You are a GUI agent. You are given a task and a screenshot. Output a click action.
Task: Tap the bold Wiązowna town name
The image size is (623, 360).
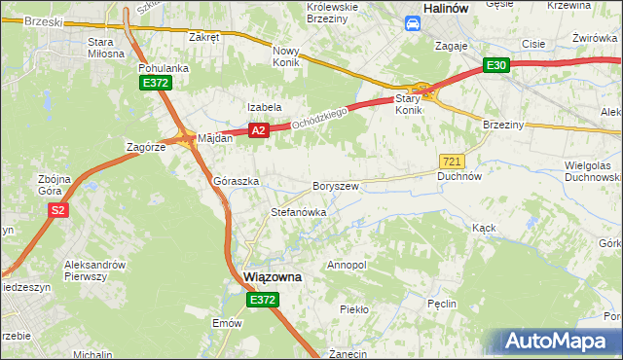pyautogui.click(x=272, y=276)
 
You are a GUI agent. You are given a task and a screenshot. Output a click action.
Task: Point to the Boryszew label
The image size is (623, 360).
pyautogui.click(x=336, y=185)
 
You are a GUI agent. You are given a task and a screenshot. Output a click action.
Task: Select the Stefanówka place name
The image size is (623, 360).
pyautogui.click(x=298, y=211)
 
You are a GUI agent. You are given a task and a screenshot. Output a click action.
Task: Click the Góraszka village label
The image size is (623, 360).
pyautogui.click(x=236, y=182)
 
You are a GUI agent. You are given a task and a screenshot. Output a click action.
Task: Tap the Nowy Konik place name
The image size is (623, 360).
pyautogui.click(x=288, y=56)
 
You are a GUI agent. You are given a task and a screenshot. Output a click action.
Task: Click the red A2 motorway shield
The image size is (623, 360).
pyautogui.click(x=258, y=130)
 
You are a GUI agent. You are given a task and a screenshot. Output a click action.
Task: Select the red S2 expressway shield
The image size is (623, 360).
pyautogui.click(x=58, y=209)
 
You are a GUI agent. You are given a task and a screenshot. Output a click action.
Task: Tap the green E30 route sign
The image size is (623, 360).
pyautogui.click(x=496, y=65)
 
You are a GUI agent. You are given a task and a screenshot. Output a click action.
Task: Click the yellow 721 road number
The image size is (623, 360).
pyautogui.click(x=452, y=161)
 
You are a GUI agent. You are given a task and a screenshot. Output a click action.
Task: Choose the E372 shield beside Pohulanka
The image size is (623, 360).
pyautogui.click(x=155, y=84)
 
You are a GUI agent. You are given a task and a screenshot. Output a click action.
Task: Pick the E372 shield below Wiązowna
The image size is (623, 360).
pyautogui.click(x=261, y=301)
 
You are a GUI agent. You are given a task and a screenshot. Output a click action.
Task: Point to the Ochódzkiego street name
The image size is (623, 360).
pyautogui.click(x=321, y=120)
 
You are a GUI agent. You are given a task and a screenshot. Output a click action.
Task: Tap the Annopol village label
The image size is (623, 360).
pyautogui.click(x=347, y=265)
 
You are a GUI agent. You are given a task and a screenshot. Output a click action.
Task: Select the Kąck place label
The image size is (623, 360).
pyautogui.click(x=484, y=227)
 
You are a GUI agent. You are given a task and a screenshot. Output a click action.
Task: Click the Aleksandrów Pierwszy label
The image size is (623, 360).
pyautogui.click(x=97, y=270)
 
